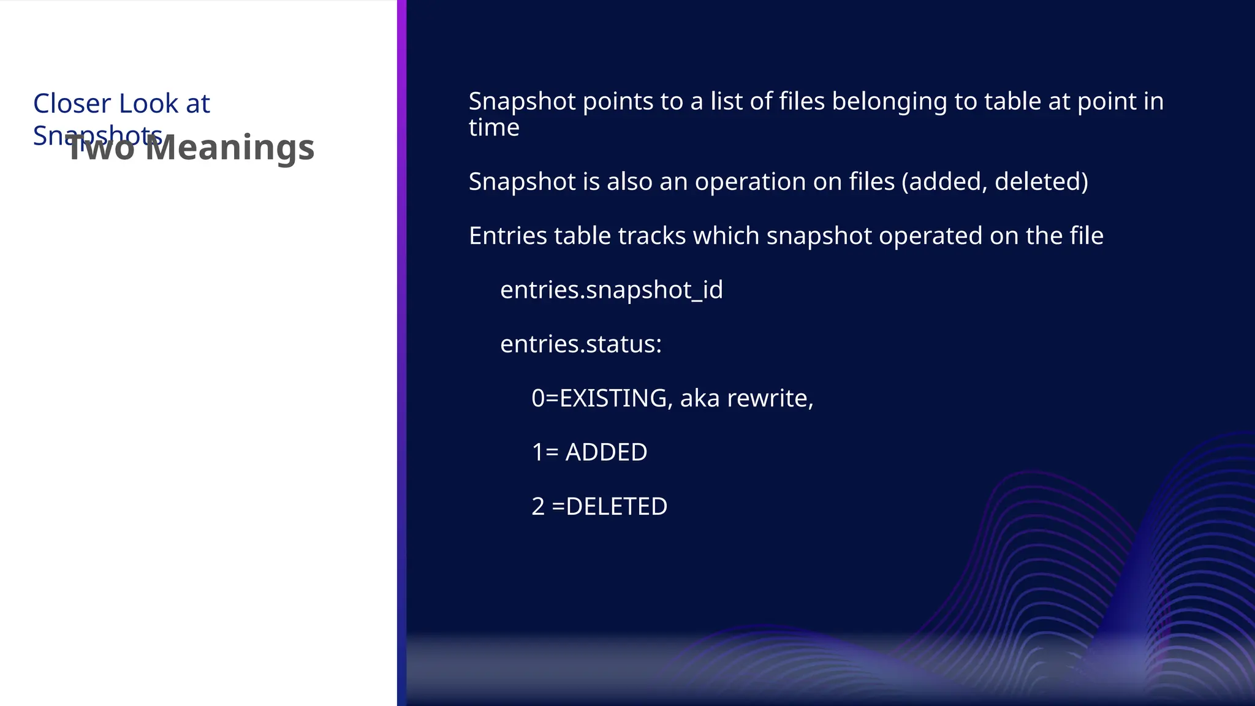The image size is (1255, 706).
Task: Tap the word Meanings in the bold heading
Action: [230, 148]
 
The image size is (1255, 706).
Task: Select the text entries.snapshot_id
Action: [611, 290]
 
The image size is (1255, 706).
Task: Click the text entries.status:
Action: [580, 344]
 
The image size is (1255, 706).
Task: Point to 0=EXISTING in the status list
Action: [599, 398]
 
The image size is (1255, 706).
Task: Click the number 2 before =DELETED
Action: [537, 507]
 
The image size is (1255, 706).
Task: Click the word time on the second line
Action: [493, 128]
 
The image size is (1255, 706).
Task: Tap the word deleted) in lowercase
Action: [1041, 182]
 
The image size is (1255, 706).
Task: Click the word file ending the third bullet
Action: [1086, 236]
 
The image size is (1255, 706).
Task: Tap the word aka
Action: [699, 398]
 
